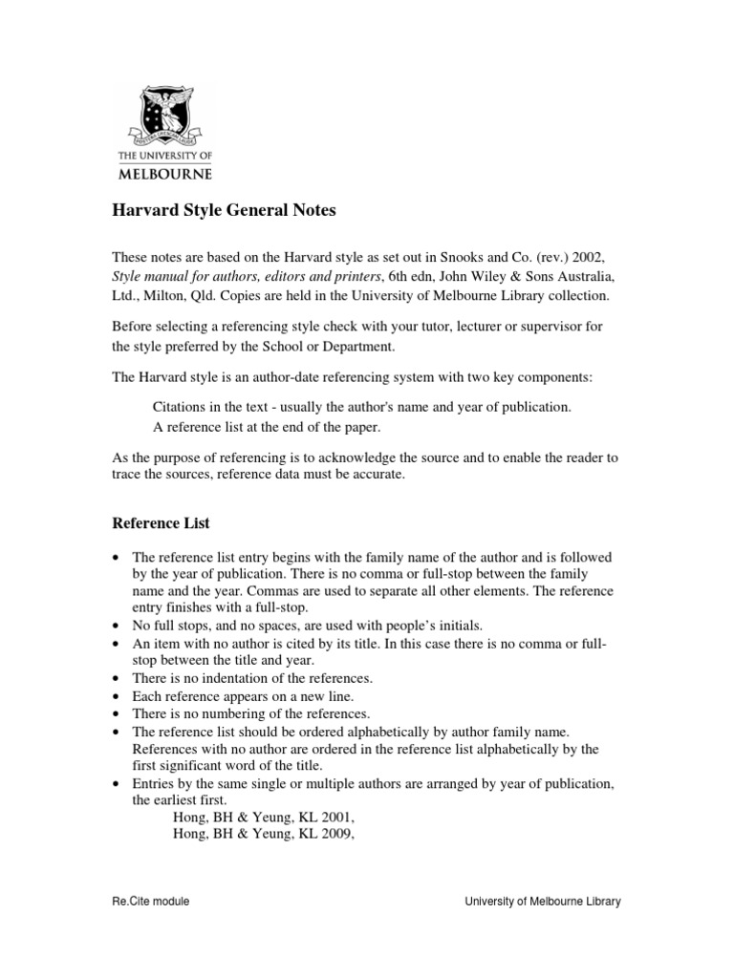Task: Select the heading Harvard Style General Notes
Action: point(225,211)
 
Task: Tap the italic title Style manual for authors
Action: point(192,278)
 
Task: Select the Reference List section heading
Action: point(161,523)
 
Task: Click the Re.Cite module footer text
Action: point(151,902)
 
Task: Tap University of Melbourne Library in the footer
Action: point(542,902)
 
